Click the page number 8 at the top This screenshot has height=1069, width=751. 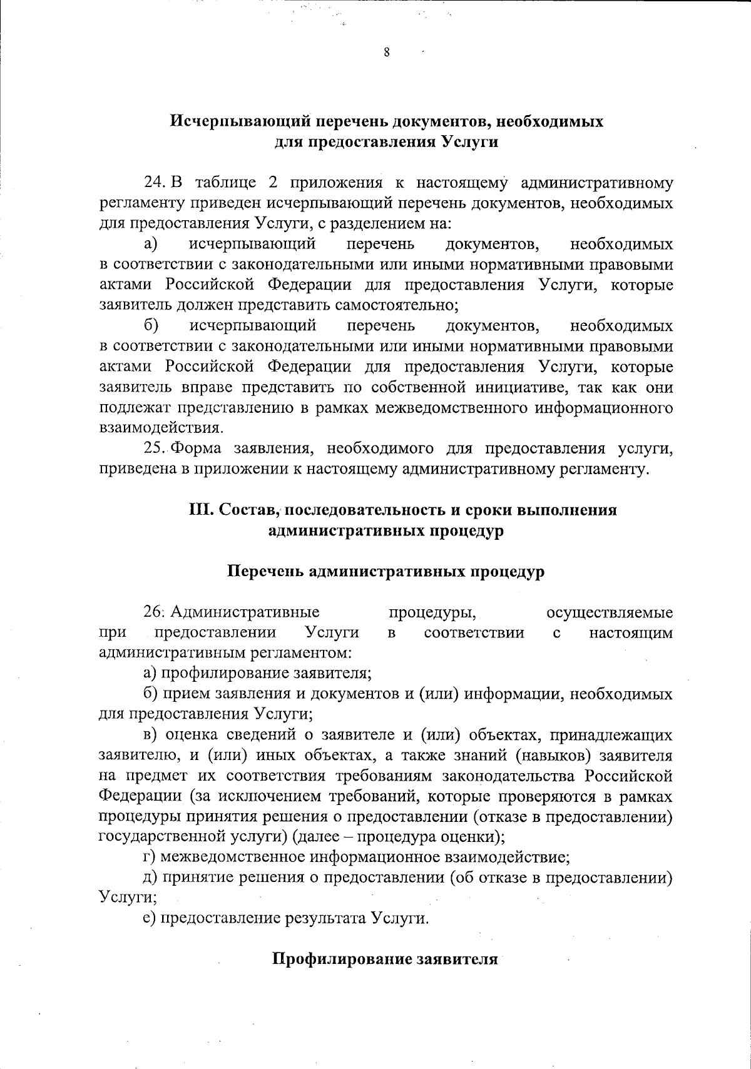point(387,53)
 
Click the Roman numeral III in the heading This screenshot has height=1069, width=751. point(201,510)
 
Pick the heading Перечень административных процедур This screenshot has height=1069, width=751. point(385,571)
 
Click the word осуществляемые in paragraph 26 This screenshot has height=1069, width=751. point(610,611)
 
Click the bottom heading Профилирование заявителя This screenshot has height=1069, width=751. point(385,959)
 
